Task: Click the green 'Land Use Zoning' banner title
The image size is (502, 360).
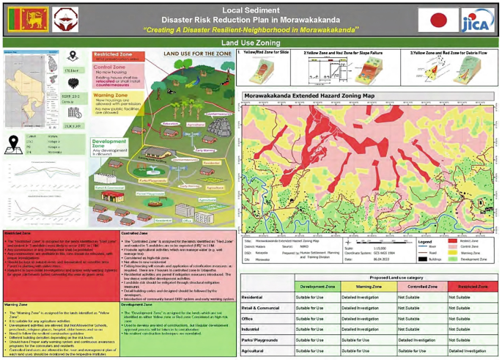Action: click(251, 43)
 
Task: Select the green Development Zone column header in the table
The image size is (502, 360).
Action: click(319, 286)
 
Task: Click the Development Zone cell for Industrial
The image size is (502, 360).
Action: click(319, 330)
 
